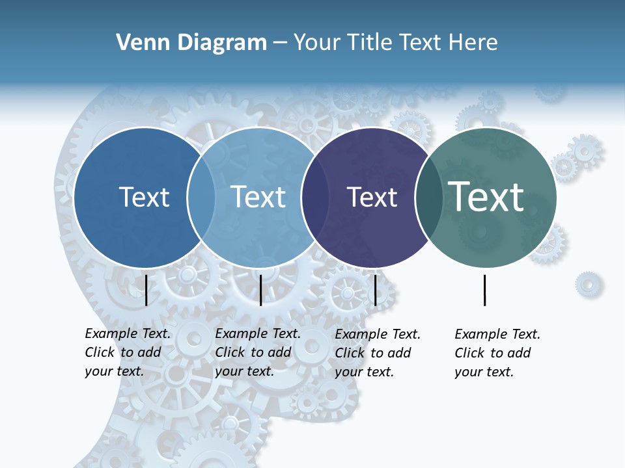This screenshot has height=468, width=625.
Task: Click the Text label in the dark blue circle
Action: pyautogui.click(x=144, y=197)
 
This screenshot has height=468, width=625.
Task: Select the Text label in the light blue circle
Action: pyautogui.click(x=258, y=197)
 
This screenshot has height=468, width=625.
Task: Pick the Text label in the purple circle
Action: pyautogui.click(x=372, y=198)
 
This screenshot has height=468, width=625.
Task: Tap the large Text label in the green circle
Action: pyautogui.click(x=486, y=196)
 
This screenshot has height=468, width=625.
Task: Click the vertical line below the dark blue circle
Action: pyautogui.click(x=146, y=290)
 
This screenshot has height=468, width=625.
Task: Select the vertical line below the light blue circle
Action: pyautogui.click(x=260, y=290)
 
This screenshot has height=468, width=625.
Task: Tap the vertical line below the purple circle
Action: pyautogui.click(x=376, y=290)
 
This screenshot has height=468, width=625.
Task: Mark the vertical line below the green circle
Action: pyautogui.click(x=485, y=290)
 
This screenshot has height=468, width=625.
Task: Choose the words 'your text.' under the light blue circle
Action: pyautogui.click(x=244, y=372)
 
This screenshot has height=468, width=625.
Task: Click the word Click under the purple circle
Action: pyautogui.click(x=350, y=353)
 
